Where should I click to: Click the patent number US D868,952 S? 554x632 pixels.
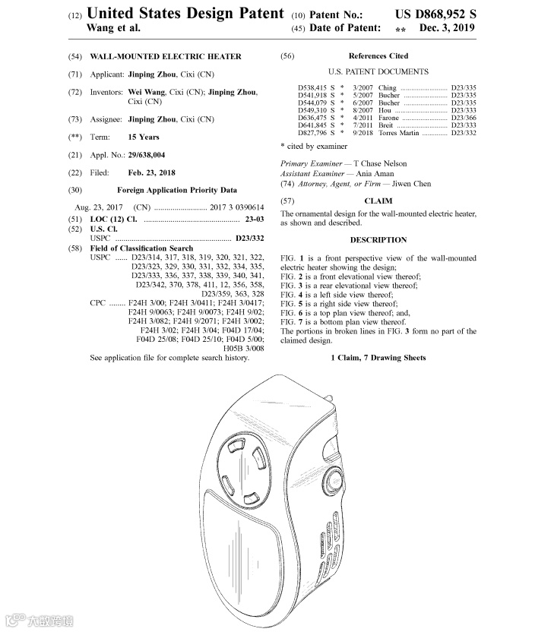tap(435, 14)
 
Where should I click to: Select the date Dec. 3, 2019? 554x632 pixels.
tap(447, 28)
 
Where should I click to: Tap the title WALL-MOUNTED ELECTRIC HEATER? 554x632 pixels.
tap(166, 56)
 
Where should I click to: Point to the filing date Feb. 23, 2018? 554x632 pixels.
tap(151, 172)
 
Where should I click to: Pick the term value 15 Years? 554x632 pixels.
tap(144, 137)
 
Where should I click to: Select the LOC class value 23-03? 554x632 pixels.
tap(252, 219)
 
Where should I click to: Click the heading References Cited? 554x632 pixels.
tap(378, 56)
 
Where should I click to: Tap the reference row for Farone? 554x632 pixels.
tap(388, 118)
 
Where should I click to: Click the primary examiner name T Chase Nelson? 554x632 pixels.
tap(380, 163)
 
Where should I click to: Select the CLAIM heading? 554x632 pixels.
tap(378, 201)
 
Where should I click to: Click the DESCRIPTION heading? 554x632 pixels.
tap(378, 240)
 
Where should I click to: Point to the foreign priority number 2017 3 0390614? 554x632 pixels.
tap(238, 207)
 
